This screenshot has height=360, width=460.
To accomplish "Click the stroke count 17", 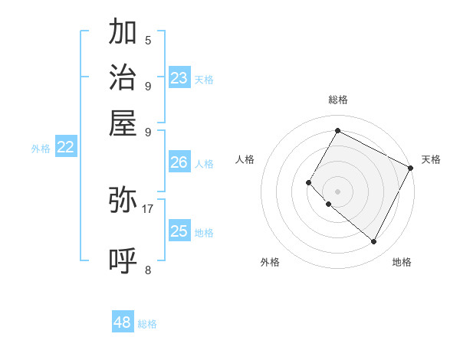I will click(x=148, y=208).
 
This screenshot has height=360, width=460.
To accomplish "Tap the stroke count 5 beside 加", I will click(x=148, y=41).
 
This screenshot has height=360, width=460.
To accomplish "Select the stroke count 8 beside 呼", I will click(x=148, y=269).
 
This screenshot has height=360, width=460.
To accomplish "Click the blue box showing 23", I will click(x=179, y=78).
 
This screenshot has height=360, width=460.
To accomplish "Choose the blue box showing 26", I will click(x=179, y=162).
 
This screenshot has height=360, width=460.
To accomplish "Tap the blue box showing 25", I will click(x=179, y=231).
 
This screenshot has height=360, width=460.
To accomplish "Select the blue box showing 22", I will click(x=66, y=148).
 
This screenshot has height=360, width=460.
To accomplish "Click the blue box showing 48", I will click(x=123, y=322).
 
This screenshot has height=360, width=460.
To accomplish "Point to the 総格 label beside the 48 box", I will click(x=147, y=324).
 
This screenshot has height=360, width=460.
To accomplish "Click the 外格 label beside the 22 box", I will click(x=41, y=149).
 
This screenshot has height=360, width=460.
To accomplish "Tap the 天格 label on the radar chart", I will click(x=431, y=159).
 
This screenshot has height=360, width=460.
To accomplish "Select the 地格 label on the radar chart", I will click(x=402, y=262).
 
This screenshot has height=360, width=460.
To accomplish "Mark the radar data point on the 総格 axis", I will click(x=337, y=130).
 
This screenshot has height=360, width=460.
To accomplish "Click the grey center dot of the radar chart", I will click(x=337, y=191).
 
